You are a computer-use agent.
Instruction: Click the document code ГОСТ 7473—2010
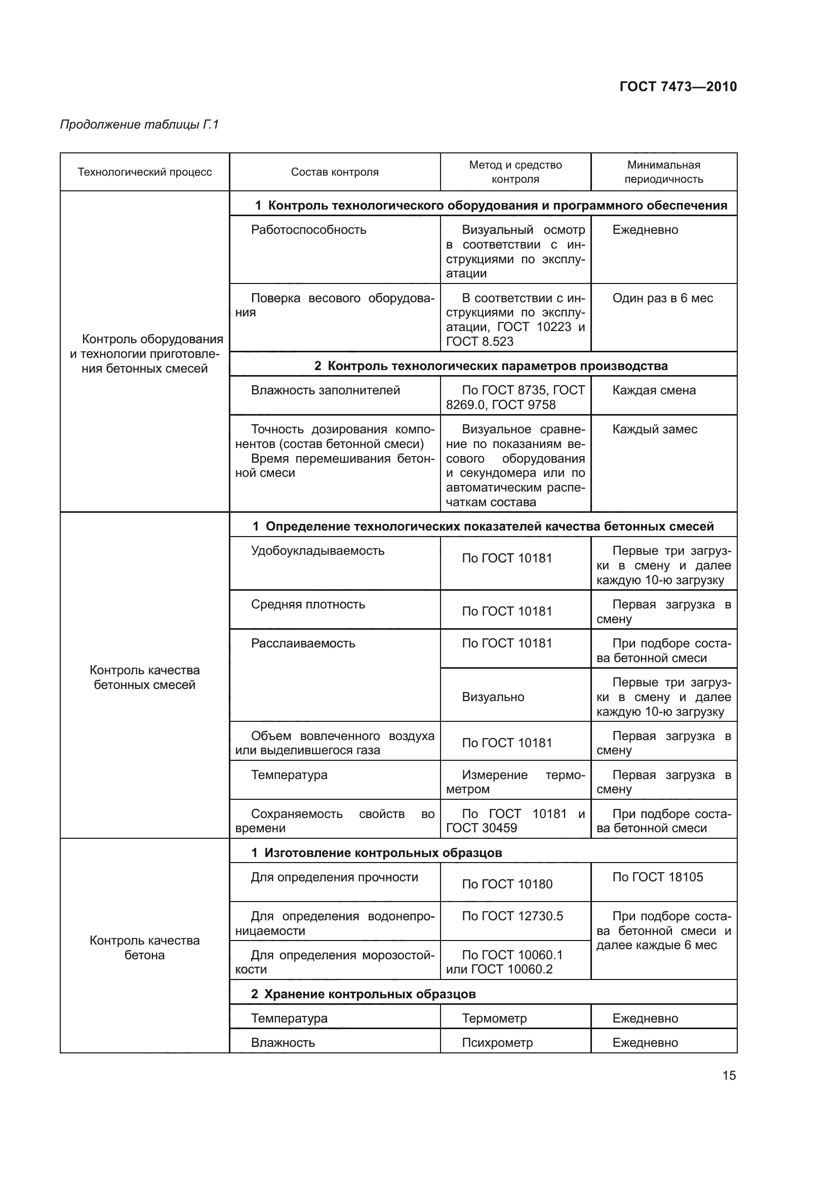coord(677,87)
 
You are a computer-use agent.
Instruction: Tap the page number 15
coord(729,1075)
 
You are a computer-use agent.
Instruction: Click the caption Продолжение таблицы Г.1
coord(139,125)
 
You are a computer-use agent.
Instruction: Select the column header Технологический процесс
coord(144,172)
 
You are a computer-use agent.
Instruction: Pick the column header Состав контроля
coord(334,172)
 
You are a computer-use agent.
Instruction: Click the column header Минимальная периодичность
coord(663,172)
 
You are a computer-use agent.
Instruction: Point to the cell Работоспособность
coord(308,230)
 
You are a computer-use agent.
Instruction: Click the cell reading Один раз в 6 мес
coord(662,298)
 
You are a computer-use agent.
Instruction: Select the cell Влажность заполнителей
coord(325,390)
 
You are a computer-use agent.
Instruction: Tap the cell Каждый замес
coord(654,429)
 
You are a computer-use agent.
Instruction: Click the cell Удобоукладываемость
coord(317,551)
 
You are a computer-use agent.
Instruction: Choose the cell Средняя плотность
coord(308,604)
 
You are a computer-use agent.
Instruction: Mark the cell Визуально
coord(493,697)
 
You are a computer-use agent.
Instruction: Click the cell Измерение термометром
coord(514,782)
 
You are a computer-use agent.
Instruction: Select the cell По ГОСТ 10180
coord(507,884)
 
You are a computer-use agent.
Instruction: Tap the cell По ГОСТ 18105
coord(657,877)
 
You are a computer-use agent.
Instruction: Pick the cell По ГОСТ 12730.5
coord(512,916)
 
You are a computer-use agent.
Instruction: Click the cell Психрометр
coord(497,1042)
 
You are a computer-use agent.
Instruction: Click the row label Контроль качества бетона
coord(144,947)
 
